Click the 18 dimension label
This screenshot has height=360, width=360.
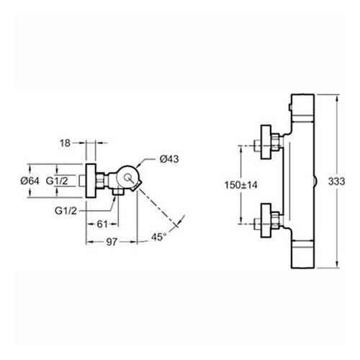pyautogui.click(x=65, y=143)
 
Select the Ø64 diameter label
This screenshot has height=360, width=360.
pyautogui.click(x=30, y=181)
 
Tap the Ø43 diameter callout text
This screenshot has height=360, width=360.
pyautogui.click(x=169, y=159)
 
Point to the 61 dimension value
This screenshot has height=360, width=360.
pyautogui.click(x=102, y=224)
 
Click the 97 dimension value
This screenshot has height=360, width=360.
pyautogui.click(x=112, y=242)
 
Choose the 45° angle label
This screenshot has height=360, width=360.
pyautogui.click(x=158, y=237)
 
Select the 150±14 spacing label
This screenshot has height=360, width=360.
pyautogui.click(x=240, y=185)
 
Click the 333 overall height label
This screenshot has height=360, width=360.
pyautogui.click(x=336, y=181)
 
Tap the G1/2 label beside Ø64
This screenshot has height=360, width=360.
pyautogui.click(x=57, y=181)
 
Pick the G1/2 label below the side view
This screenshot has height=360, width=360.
pyautogui.click(x=66, y=211)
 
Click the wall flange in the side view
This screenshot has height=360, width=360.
pyautogui.click(x=91, y=181)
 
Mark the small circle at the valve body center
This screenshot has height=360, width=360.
pyautogui.click(x=127, y=178)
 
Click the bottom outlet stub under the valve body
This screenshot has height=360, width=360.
pyautogui.click(x=118, y=192)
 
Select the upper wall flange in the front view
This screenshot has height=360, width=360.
pyautogui.click(x=266, y=142)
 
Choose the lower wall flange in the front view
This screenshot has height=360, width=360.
pyautogui.click(x=266, y=220)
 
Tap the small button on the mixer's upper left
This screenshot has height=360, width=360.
pyautogui.click(x=289, y=107)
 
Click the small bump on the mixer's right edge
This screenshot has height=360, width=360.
pyautogui.click(x=315, y=181)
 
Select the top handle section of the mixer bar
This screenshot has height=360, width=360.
pyautogui.click(x=302, y=107)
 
